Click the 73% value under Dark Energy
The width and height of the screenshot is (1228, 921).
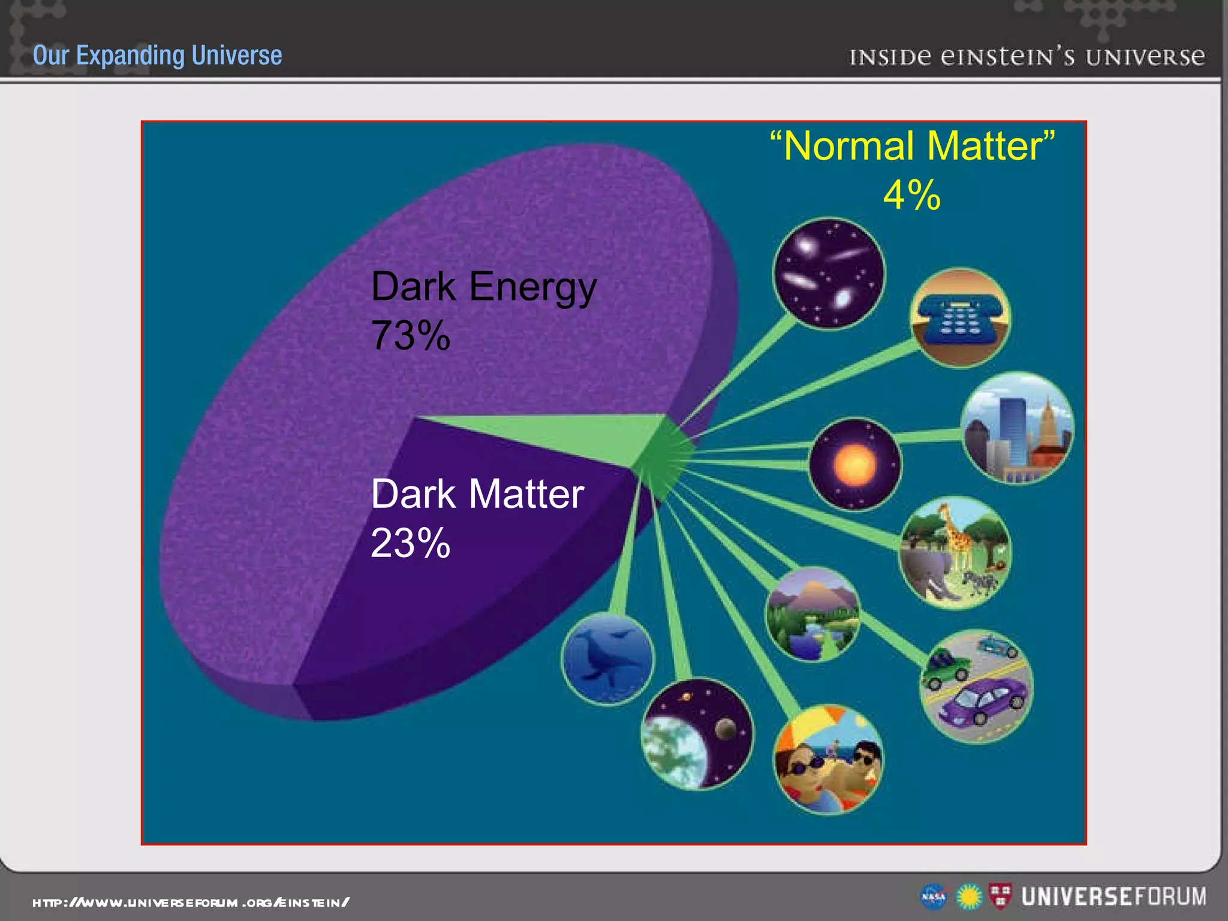[x=411, y=336]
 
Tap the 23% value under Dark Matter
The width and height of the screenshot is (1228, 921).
[x=411, y=543]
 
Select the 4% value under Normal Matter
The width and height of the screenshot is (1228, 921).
[x=912, y=195]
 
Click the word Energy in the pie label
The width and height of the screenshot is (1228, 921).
[x=532, y=288]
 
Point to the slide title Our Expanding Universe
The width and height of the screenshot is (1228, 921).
[x=157, y=55]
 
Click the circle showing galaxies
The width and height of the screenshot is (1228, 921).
[x=829, y=273]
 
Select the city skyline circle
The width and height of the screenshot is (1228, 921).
[x=1018, y=428]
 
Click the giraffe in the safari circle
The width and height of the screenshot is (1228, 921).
[x=957, y=534]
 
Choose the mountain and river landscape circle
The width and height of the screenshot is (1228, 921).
[x=813, y=615]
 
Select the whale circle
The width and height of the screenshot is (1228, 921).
[x=607, y=658]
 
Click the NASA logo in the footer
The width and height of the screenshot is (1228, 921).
[x=934, y=897]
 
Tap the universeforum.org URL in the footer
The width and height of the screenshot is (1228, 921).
[x=191, y=902]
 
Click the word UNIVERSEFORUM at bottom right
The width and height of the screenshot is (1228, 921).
[x=1114, y=896]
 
